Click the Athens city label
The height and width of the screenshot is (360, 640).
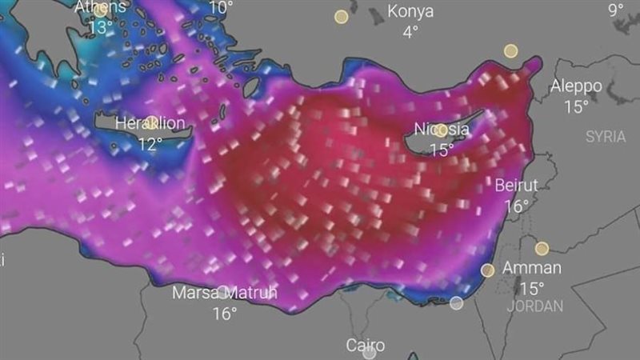tap(100, 7)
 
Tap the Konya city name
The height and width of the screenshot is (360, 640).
tap(410, 11)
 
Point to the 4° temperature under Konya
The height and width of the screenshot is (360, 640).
tap(410, 32)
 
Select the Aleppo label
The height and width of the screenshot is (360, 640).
tap(576, 86)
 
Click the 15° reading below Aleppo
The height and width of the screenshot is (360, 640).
tap(576, 106)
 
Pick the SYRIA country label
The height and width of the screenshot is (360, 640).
tap(606, 137)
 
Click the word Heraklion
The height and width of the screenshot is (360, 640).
tap(150, 124)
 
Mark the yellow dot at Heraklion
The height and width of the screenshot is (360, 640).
tap(151, 122)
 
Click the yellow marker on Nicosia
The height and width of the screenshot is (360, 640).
tap(441, 130)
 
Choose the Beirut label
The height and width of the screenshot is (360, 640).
tap(516, 186)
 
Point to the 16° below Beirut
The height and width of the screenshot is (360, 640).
tap(517, 206)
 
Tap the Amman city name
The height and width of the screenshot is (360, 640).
tap(531, 268)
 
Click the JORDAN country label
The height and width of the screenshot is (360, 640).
tap(535, 306)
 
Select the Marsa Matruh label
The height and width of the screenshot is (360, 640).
tap(225, 293)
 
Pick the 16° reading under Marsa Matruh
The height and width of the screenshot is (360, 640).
tap(225, 314)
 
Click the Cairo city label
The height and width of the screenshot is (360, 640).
tap(366, 346)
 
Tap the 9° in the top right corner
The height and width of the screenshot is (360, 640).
tap(615, 10)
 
